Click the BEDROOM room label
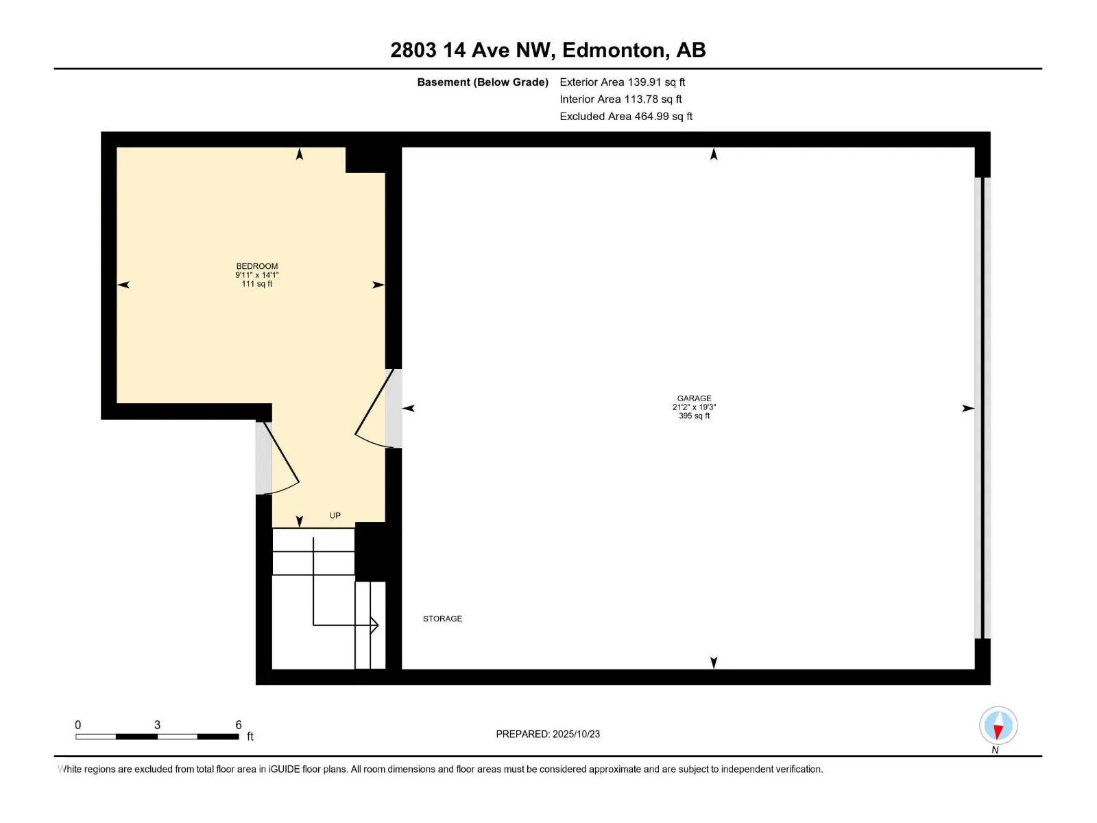tap(257, 266)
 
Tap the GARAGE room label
tap(694, 398)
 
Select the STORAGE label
tap(442, 619)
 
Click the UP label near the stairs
tap(335, 516)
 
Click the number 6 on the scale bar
tap(239, 725)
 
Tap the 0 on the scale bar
tap(77, 725)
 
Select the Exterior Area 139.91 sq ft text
tap(622, 82)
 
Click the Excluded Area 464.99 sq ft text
tap(625, 117)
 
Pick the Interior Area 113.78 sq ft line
tap(620, 99)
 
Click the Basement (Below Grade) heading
tap(483, 82)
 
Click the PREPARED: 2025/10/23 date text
tap(548, 734)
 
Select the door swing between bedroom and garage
tap(373, 411)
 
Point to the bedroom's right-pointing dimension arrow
tap(378, 285)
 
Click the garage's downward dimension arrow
tap(714, 663)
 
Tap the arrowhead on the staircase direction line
tap(374, 625)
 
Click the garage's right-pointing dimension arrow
tap(967, 408)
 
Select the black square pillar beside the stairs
tap(370, 551)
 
